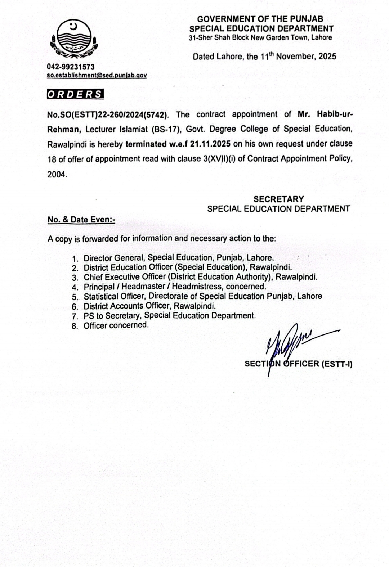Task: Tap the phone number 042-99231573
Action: click(x=71, y=67)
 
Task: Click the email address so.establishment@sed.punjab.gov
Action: click(x=97, y=75)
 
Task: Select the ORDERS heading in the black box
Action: click(x=75, y=94)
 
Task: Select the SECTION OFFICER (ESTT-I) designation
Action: click(x=298, y=364)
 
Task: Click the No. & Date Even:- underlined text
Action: click(x=81, y=220)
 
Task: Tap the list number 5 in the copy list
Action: click(x=75, y=297)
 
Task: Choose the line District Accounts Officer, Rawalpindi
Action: click(x=149, y=306)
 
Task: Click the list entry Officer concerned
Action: click(x=116, y=325)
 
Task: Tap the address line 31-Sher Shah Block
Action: click(x=260, y=37)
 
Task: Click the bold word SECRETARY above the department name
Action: click(x=278, y=199)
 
